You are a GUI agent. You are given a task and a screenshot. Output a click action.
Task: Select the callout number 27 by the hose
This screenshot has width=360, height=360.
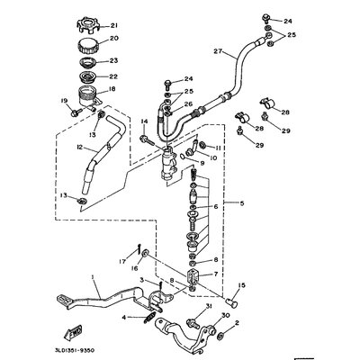pyautogui.click(x=216, y=53)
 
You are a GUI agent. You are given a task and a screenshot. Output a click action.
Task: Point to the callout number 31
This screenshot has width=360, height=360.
pyautogui.click(x=210, y=309)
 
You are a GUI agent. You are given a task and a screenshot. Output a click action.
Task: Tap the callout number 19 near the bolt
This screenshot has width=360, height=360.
pyautogui.click(x=64, y=100)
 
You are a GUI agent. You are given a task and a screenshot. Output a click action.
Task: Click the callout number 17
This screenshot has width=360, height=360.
pyautogui.click(x=122, y=261)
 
